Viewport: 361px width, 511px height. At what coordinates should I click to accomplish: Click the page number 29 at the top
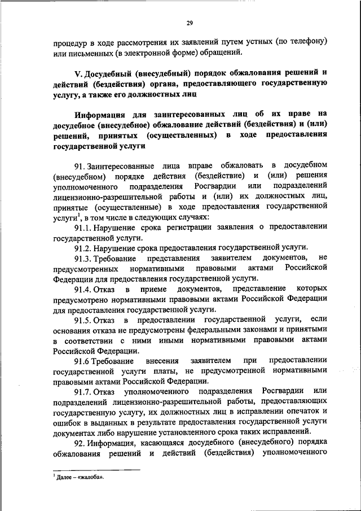[190, 23]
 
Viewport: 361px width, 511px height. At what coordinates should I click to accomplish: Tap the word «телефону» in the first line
[309, 42]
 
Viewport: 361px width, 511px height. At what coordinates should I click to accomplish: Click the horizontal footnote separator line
[96, 469]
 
